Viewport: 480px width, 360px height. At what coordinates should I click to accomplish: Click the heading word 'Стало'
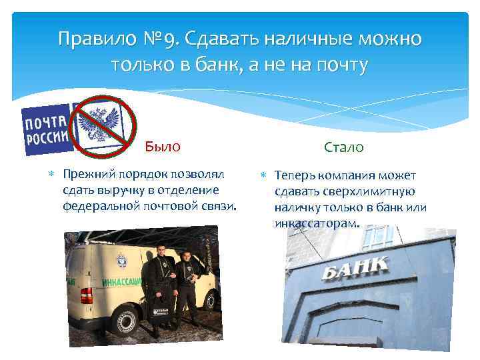(x=343, y=147)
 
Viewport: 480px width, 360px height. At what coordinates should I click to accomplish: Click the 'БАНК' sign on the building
(x=355, y=269)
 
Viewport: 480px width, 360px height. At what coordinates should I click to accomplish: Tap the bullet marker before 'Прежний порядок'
(x=53, y=175)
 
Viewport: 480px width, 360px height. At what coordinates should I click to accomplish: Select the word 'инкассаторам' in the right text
(x=316, y=224)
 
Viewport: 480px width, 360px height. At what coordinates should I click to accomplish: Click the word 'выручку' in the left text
(x=111, y=191)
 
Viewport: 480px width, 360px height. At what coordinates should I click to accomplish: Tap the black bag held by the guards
(x=161, y=310)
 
